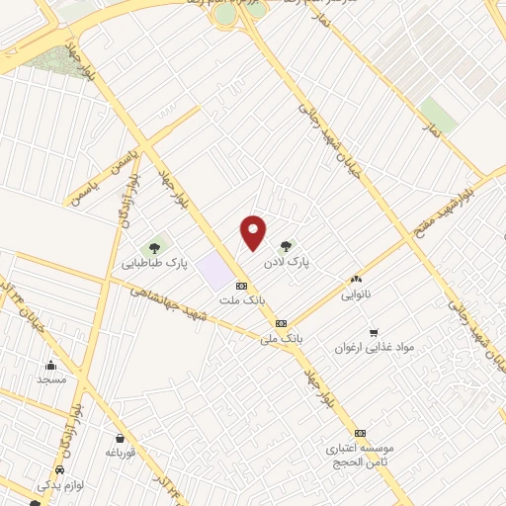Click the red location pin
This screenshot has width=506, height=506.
tap(254, 232)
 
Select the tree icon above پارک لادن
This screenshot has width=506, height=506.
tap(286, 246)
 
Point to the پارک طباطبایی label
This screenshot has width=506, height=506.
tap(155, 264)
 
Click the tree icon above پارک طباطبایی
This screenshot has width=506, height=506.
tap(154, 246)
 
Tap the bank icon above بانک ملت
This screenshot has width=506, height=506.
tap(241, 285)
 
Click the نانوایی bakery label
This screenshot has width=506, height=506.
tap(356, 295)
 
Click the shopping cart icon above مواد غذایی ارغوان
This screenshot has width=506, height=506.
tap(374, 332)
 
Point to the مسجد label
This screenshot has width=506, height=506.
tap(50, 379)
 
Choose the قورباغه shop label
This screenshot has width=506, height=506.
tap(120, 453)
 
